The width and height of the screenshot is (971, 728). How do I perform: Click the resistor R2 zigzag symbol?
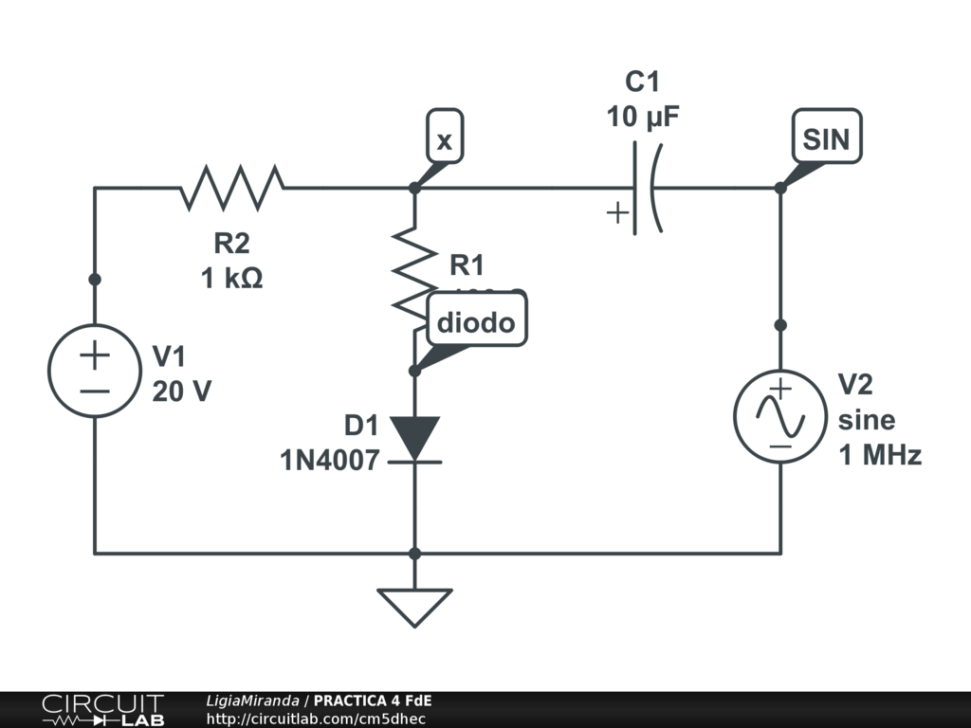tap(232, 188)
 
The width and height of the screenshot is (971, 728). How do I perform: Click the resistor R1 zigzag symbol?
tap(415, 270)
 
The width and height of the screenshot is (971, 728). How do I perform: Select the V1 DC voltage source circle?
tap(94, 370)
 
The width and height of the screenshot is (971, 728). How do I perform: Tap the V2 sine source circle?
tap(780, 416)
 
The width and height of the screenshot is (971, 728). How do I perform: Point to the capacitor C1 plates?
tap(644, 188)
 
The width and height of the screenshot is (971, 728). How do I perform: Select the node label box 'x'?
tap(445, 141)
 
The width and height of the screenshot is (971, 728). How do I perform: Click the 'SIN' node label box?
tap(827, 140)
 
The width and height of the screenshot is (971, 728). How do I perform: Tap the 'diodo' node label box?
tap(476, 322)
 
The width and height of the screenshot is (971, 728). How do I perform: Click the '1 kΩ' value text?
tap(231, 280)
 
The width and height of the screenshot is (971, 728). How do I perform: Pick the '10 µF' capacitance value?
tap(643, 118)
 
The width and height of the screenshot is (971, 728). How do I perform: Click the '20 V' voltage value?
tap(182, 391)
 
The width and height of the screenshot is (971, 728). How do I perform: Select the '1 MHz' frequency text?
tap(880, 455)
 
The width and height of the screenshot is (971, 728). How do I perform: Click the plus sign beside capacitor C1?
tap(617, 212)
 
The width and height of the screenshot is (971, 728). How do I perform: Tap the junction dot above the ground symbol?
tap(414, 553)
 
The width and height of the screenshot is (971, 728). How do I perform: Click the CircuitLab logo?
tap(101, 710)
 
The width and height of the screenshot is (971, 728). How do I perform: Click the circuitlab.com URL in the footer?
tap(316, 719)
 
